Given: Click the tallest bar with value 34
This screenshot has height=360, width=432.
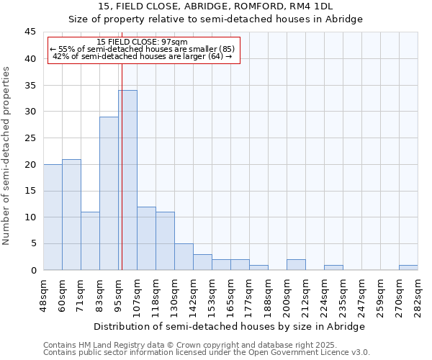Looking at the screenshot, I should coord(127,180).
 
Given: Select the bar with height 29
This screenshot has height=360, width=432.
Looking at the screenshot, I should coord(109,193).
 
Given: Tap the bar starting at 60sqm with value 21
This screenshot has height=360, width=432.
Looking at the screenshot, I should coord(71,215).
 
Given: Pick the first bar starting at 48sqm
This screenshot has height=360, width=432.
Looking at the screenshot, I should coord(53,217).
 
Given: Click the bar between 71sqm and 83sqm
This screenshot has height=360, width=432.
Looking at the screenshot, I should coord(90,240).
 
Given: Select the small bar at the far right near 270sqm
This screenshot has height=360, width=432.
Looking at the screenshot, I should coord(408,268).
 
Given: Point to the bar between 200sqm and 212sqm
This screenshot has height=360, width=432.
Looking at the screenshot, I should coord(296,265).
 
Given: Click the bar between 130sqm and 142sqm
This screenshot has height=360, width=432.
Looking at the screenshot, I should coord(184,257).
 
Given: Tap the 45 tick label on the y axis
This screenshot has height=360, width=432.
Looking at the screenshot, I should coord(30,32).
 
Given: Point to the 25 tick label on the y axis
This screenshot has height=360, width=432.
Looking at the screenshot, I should coord(30,138).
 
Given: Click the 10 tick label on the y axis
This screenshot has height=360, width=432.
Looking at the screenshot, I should coord(30,217).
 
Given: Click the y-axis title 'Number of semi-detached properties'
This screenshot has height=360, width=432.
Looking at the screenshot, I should coord(7,156).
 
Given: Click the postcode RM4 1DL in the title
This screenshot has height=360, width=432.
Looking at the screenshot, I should coord(310,6).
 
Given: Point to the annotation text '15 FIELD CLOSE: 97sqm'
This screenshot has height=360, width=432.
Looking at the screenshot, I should coord(142,42).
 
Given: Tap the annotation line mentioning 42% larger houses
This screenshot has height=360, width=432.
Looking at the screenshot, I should coord(142,56).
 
